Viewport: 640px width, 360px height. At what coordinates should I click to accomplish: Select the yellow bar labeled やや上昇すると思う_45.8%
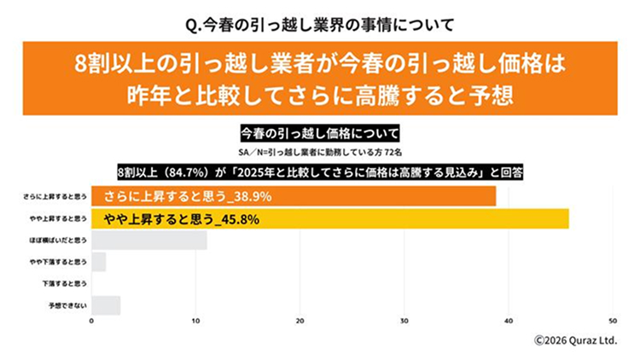point(329,218)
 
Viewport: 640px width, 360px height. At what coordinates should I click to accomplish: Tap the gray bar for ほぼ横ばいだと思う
point(148,241)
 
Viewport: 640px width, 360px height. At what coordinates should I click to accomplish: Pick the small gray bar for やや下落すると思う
point(98,262)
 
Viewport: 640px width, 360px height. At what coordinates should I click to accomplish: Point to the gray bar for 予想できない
point(105,305)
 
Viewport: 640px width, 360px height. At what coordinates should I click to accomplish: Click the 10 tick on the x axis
point(195,321)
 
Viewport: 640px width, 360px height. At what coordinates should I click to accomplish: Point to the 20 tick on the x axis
point(300,321)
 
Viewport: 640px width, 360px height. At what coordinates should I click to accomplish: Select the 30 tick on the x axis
point(404,321)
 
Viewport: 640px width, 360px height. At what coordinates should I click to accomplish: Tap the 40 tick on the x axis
point(509,321)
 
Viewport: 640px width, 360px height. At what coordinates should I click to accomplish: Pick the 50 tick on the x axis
point(613,321)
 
